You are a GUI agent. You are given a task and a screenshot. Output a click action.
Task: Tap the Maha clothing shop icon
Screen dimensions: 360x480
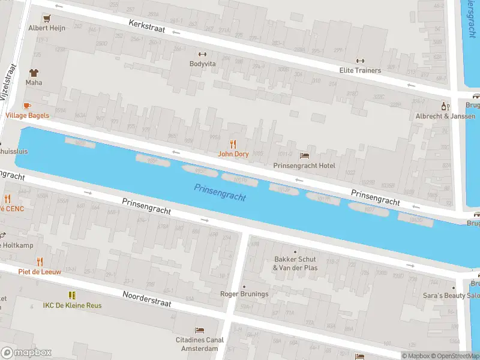pyautogui.click(x=34, y=72)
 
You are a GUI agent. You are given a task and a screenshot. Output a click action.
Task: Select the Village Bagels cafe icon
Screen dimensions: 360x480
pyautogui.click(x=28, y=106)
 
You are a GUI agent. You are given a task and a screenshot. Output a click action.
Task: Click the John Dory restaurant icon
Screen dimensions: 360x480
pyautogui.click(x=233, y=144)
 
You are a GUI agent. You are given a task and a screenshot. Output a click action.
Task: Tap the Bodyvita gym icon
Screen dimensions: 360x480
pyautogui.click(x=202, y=54)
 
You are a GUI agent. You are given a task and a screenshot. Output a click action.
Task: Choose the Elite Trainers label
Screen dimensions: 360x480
pyautogui.click(x=360, y=70)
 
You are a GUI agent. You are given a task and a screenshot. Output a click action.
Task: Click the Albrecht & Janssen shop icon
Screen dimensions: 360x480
pyautogui.click(x=445, y=106)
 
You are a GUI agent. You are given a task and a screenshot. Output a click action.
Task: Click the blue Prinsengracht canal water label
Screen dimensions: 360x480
pyautogui.click(x=220, y=193)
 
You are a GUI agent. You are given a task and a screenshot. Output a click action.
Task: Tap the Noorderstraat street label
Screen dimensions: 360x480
pyautogui.click(x=147, y=299)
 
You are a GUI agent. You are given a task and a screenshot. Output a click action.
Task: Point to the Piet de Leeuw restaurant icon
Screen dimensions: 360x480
pyautogui.click(x=40, y=262)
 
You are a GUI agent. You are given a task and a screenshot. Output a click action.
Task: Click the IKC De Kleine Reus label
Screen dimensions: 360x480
pyautogui.click(x=72, y=305)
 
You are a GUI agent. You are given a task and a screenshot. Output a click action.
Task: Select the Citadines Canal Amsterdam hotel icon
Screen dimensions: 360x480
pyautogui.click(x=200, y=331)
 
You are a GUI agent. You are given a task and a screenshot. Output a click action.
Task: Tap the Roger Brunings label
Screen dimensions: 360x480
pyautogui.click(x=244, y=294)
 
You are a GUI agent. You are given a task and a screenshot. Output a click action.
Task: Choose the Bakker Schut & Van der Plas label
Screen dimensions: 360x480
pyautogui.click(x=295, y=263)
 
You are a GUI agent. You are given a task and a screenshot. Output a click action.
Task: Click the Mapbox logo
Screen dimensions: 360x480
pyautogui.click(x=26, y=352)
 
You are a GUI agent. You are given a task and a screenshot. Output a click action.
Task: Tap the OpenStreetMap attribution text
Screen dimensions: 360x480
pyautogui.click(x=455, y=356)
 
